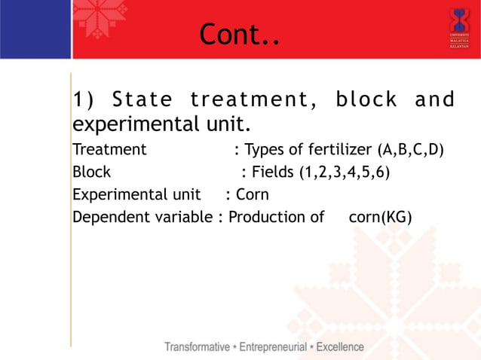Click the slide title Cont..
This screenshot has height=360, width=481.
[x=239, y=34]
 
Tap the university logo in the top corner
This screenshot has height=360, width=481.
[x=458, y=28]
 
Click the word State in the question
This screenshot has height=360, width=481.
[x=142, y=99]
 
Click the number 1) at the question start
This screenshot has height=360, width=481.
[x=83, y=99]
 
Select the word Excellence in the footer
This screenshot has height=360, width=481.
[x=339, y=347]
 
